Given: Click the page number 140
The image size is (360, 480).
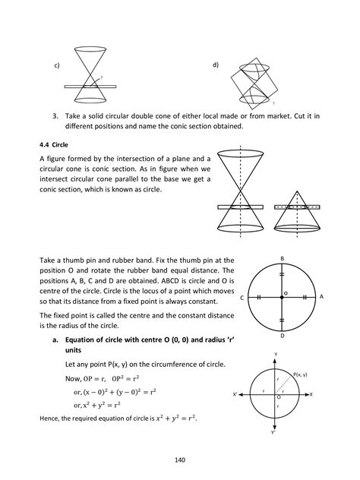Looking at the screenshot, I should [179, 459].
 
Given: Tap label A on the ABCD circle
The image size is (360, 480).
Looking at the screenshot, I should [321, 298].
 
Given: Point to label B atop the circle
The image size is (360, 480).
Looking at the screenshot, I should [282, 258].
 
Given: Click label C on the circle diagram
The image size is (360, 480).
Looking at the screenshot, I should [242, 298].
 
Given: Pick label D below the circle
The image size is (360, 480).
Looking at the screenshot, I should [282, 336].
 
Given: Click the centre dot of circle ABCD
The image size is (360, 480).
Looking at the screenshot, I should [282, 298].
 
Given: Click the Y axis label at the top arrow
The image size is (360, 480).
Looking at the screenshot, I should [276, 354].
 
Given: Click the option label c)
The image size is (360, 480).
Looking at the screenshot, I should [57, 66].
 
